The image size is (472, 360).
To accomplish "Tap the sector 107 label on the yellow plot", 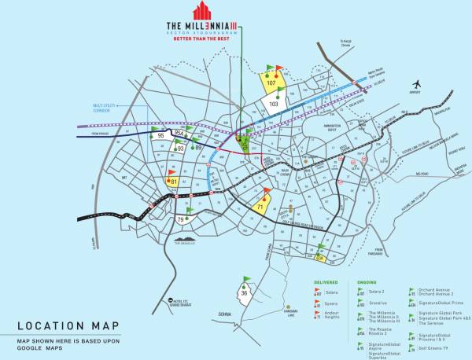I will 271,82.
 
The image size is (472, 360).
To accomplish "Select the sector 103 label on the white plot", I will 274,103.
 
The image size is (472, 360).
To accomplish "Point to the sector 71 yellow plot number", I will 260,207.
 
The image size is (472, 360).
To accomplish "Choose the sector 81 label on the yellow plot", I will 173,183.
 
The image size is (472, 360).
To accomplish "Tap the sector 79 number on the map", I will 181,219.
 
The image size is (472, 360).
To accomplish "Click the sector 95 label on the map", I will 160,136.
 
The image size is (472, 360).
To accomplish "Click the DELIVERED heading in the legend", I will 326,281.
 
